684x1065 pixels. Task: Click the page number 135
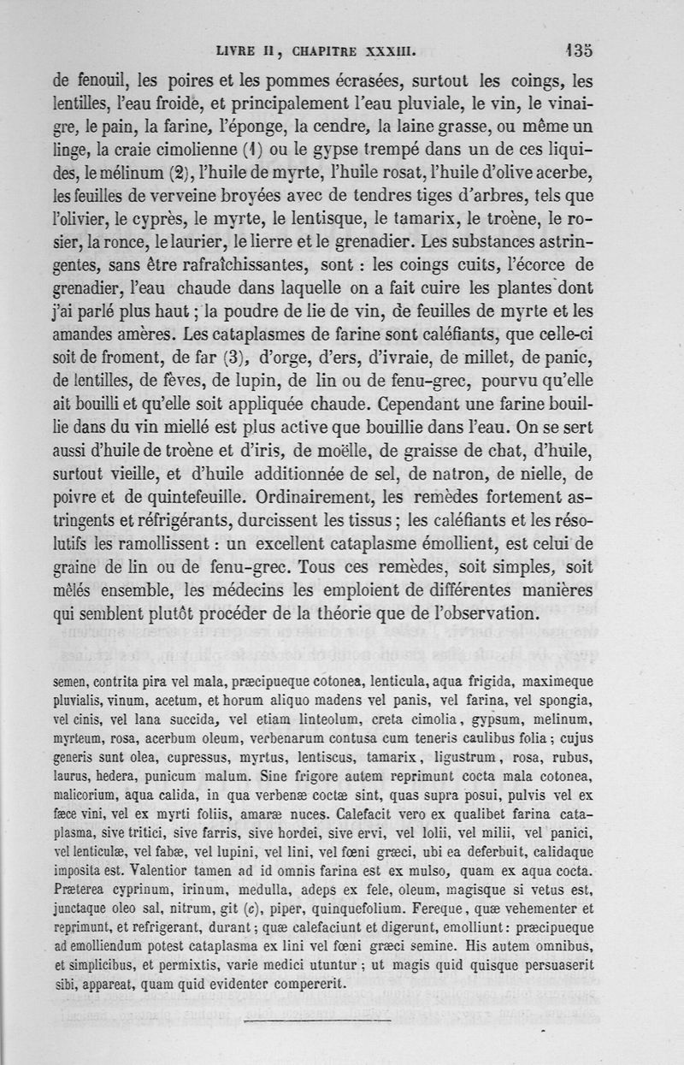(579, 49)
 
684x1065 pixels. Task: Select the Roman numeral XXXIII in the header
(391, 50)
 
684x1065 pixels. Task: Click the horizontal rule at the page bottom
(317, 1020)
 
